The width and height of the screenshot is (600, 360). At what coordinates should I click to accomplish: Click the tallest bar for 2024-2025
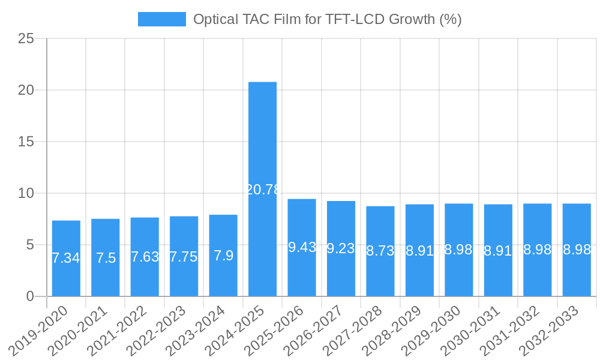pos(263,150)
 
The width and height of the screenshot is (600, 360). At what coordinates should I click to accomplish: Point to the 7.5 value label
pos(106,258)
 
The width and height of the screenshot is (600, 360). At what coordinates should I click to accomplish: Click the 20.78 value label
pos(263,190)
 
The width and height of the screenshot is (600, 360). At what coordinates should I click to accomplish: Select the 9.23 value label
pos(341,248)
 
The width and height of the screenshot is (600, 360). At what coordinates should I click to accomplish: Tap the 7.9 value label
pos(223,256)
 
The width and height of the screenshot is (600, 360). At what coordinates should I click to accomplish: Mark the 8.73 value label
pos(380,251)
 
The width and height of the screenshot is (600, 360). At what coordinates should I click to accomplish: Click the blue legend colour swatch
pos(161,19)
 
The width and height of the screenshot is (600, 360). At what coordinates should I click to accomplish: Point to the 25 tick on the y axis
pos(26,38)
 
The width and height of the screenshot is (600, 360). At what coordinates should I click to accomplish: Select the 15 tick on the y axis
pos(26,142)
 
